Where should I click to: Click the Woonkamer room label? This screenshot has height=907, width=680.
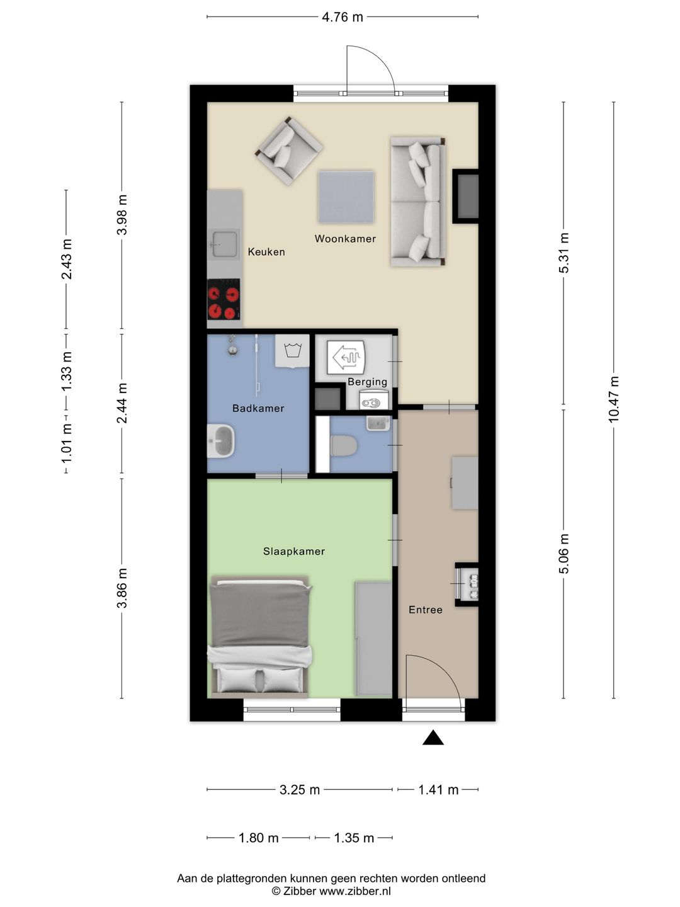(345, 239)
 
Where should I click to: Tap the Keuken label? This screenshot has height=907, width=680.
(266, 252)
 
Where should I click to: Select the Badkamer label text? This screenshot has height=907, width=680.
(258, 408)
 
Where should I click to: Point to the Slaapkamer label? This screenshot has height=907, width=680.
(294, 551)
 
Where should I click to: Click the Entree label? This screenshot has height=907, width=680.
(426, 610)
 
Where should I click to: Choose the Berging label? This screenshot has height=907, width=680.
(368, 382)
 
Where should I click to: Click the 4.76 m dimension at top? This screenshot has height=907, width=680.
(343, 17)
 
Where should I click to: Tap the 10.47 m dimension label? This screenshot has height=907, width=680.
(613, 399)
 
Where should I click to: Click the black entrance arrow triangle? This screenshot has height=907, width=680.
(433, 738)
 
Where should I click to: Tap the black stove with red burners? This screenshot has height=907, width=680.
(224, 299)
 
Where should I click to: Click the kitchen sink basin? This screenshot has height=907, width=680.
(225, 244)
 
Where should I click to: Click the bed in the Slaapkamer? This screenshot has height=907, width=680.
(259, 637)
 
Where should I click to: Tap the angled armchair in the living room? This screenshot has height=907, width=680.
(289, 151)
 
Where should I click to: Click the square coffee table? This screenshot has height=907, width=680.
(346, 198)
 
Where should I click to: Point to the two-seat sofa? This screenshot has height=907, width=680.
(418, 202)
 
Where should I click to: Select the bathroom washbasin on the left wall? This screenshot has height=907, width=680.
(221, 441)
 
